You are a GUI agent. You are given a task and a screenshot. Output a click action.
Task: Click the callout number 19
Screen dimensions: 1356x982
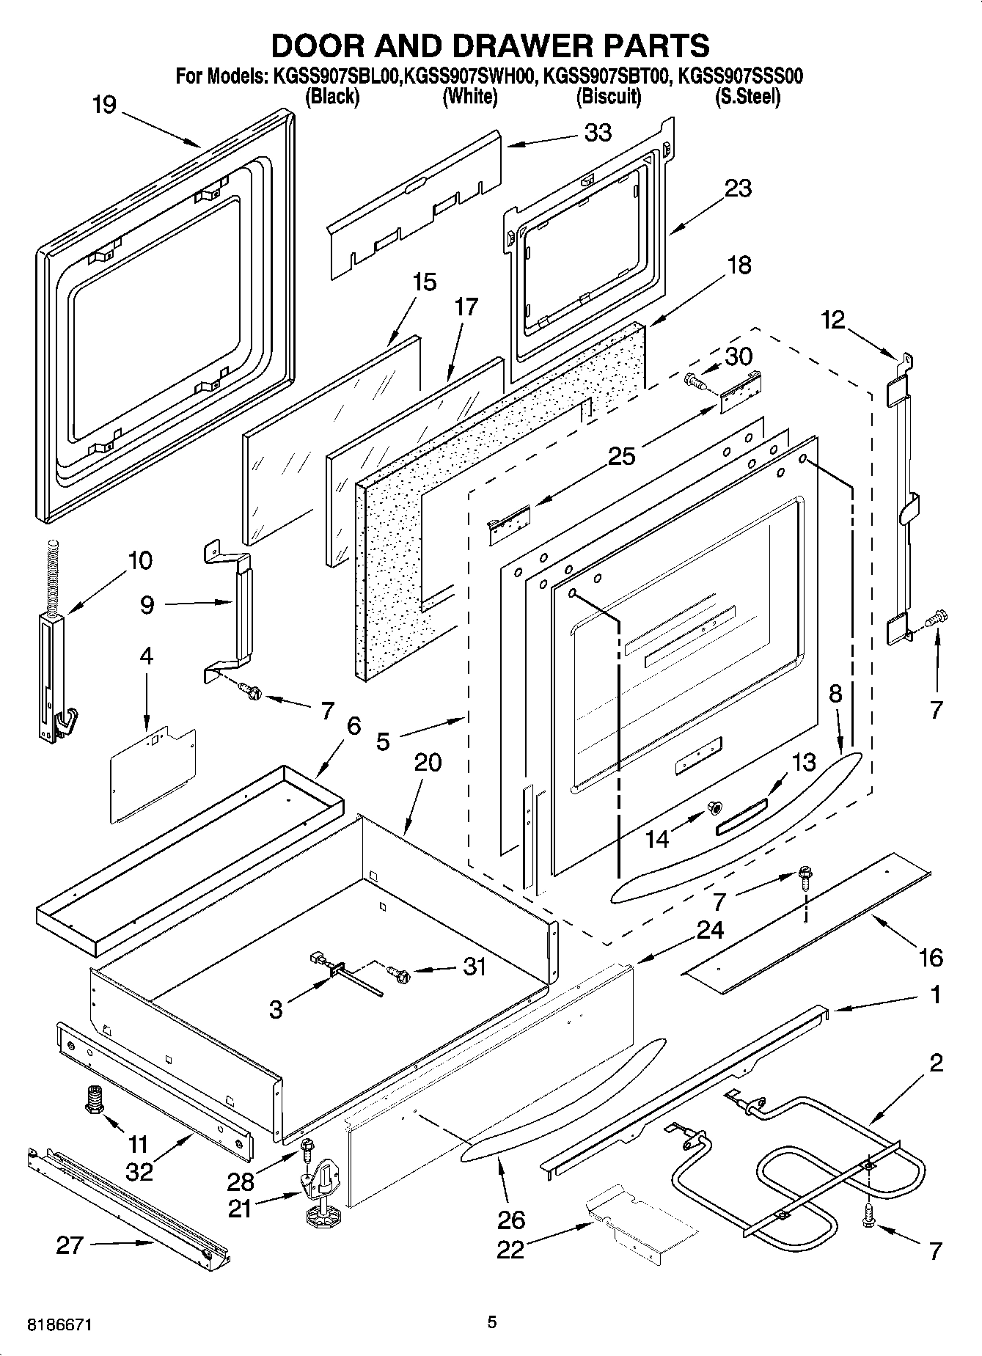coord(104,105)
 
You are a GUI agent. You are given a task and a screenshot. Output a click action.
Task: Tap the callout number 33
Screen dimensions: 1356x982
coord(598,133)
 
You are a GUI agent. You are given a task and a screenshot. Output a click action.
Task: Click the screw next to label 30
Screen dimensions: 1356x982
coord(693,381)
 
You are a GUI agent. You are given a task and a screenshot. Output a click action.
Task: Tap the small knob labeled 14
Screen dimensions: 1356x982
coord(711,807)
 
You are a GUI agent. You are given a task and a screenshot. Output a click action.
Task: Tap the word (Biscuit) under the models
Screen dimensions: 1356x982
coord(608,96)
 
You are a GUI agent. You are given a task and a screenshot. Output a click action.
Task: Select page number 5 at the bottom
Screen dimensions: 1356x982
coord(491,1322)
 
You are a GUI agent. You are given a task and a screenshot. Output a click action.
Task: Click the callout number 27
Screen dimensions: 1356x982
coord(70,1245)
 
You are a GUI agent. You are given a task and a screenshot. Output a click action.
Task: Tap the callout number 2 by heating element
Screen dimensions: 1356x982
coord(936,1063)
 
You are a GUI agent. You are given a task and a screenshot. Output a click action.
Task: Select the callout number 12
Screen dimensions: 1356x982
coord(832,320)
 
